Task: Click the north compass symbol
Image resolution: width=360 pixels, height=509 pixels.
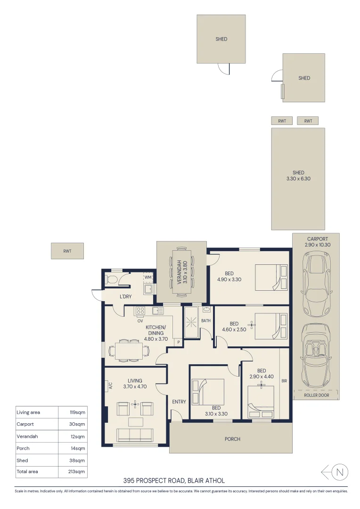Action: pyautogui.click(x=341, y=471)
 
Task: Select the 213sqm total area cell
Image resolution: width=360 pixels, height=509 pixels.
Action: pyautogui.click(x=78, y=472)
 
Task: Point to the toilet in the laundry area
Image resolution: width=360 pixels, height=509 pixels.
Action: pyautogui.click(x=111, y=280)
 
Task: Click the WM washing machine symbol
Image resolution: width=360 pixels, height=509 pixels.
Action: pyautogui.click(x=148, y=277)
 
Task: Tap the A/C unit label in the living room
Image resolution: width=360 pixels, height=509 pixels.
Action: pyautogui.click(x=109, y=385)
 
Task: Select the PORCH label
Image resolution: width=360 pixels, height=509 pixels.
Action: pyautogui.click(x=232, y=439)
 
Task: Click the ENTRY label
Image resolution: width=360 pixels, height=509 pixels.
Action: pyautogui.click(x=179, y=402)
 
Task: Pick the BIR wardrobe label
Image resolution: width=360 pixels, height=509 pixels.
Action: pyautogui.click(x=284, y=381)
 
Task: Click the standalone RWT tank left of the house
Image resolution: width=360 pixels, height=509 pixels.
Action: pyautogui.click(x=67, y=251)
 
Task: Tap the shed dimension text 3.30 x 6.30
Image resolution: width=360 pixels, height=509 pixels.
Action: pyautogui.click(x=298, y=179)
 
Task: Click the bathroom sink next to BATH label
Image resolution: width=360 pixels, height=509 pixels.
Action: pyautogui.click(x=207, y=310)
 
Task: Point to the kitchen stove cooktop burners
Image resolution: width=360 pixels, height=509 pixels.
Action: pyautogui.click(x=140, y=311)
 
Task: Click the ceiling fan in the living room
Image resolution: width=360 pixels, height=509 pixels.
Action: pyautogui.click(x=135, y=404)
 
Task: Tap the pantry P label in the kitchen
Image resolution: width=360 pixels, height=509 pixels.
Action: pyautogui.click(x=178, y=343)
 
